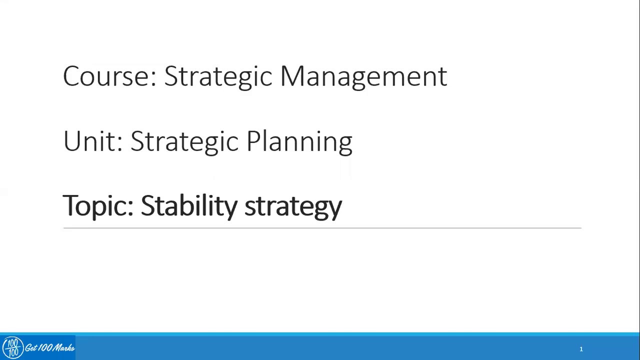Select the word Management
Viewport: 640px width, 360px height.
363,76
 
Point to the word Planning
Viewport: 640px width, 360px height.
299,141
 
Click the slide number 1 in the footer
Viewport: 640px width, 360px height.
581,349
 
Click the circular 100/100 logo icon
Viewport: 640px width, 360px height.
12,347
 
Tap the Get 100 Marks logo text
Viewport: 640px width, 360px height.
49,348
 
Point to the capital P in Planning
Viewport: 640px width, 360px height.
252,141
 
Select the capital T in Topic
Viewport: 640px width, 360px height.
71,205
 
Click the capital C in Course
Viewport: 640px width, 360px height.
73,76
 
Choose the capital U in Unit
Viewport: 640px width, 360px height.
72,141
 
